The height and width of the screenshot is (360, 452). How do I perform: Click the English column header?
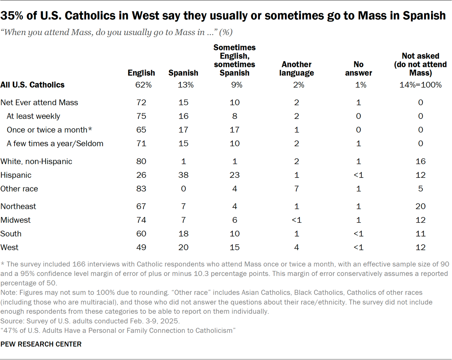point(141,73)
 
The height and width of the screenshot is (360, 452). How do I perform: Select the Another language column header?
point(296,68)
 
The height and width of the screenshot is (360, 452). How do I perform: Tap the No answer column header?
point(358,68)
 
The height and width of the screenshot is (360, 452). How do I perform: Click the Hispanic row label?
point(16,175)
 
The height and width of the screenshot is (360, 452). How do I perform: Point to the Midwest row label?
point(16,220)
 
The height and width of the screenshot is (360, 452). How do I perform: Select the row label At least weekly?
point(33,116)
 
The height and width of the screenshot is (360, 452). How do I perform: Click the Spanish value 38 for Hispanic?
point(183,175)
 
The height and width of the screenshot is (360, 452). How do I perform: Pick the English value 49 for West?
point(141,247)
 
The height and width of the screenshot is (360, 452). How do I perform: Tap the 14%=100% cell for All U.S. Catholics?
point(420,85)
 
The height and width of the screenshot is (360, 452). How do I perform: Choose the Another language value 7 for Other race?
point(297,189)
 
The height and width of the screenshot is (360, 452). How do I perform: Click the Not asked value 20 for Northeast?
point(420,206)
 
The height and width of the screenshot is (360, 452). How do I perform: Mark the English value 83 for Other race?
point(141,189)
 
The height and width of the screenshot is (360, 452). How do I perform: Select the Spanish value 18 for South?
point(183,234)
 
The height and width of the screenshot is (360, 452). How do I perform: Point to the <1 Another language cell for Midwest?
point(297,220)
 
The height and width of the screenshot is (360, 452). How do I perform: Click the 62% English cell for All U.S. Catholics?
point(143,85)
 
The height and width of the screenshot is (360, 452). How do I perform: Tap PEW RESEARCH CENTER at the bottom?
point(41,344)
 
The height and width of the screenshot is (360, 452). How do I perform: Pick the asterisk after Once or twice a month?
point(90,129)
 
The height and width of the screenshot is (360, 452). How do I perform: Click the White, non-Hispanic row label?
point(36,161)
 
